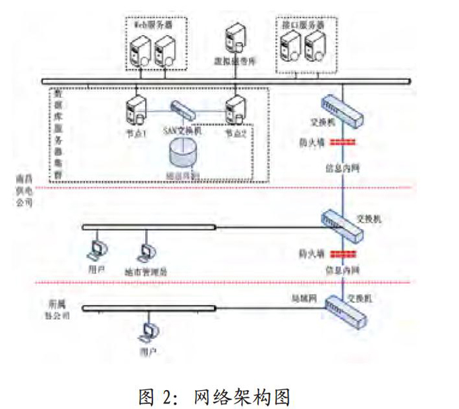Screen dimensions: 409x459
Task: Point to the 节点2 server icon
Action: tap(234, 108)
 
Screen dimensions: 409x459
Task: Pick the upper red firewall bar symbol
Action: tap(343, 143)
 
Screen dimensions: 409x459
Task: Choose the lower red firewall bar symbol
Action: tap(343, 255)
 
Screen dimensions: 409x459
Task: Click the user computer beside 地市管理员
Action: tap(97, 249)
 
